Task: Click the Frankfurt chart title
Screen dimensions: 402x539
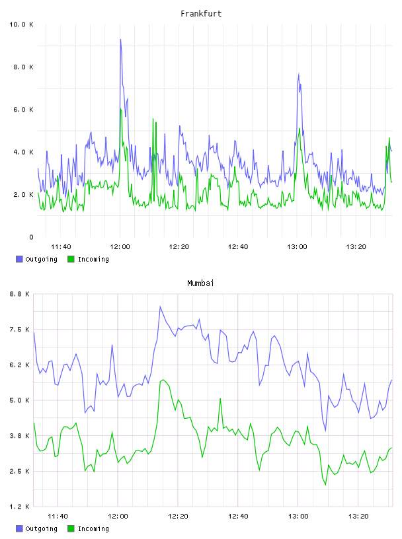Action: click(201, 14)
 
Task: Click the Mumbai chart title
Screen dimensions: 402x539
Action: click(200, 283)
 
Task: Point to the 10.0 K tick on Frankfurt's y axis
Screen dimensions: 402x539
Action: click(21, 24)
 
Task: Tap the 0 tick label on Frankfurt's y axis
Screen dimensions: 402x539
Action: click(31, 237)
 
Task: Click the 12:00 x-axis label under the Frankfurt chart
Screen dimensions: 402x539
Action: click(120, 247)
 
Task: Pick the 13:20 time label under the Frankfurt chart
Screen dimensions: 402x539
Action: click(356, 247)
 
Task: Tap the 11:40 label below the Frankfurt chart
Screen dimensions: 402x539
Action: click(61, 247)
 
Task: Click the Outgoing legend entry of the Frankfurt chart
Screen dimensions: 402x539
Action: click(36, 259)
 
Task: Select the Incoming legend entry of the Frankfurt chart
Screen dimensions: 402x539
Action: click(88, 259)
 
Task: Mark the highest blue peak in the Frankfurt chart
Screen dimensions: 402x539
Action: click(120, 39)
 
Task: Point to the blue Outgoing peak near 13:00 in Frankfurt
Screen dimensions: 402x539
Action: click(299, 73)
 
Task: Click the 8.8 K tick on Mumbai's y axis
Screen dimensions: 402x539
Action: click(19, 294)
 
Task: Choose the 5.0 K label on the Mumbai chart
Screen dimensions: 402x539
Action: click(19, 400)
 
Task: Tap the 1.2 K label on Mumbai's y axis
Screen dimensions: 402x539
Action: click(19, 507)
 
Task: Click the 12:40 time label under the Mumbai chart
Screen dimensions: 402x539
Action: click(238, 517)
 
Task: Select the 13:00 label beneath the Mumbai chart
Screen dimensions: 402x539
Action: click(298, 517)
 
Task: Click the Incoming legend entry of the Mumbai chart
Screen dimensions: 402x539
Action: click(88, 528)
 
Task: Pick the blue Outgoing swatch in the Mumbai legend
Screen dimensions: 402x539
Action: click(19, 528)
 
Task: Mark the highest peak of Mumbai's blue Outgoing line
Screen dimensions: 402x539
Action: click(160, 306)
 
